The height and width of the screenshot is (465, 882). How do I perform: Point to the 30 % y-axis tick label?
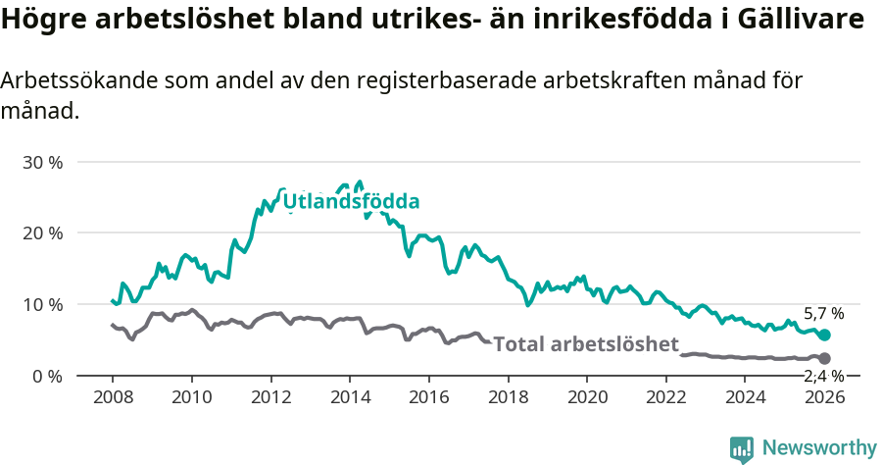42,162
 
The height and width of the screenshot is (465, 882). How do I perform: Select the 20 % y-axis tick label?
42,233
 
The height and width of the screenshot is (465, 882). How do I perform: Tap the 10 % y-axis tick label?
42,304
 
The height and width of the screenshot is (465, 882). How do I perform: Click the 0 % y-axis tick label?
46,376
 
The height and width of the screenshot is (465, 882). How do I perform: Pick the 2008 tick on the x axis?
112,397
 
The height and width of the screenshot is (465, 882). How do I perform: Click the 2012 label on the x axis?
270,397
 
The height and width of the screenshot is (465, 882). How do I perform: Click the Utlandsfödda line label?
352,202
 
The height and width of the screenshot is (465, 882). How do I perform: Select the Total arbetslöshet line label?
586,344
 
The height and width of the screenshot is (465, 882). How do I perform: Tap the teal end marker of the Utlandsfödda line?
825,336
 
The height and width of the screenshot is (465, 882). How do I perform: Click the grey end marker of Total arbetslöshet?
825,358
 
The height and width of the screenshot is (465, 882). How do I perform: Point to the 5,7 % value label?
823,314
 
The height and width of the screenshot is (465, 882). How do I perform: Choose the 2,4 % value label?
823,377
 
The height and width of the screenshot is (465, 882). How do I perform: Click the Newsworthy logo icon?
742,448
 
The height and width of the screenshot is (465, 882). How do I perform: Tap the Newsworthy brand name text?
819,448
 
